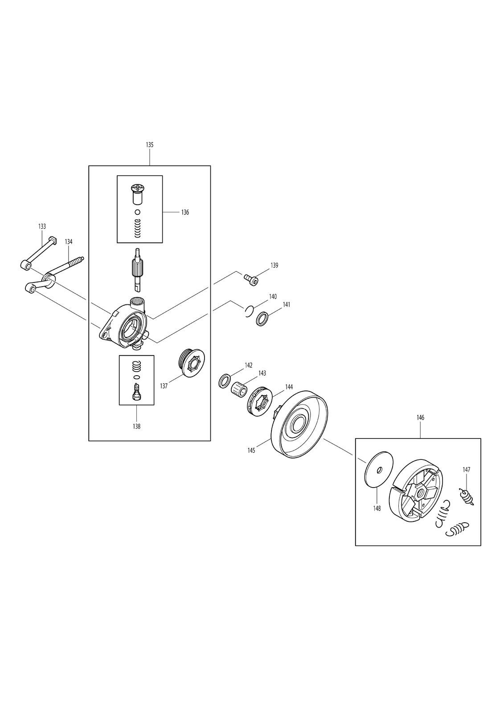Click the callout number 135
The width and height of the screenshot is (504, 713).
150,145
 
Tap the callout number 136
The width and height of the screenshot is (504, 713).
185,212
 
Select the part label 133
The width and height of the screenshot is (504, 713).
42,226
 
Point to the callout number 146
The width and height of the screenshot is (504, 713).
420,418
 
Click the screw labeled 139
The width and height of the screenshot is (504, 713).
251,280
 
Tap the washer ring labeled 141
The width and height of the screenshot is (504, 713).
262,319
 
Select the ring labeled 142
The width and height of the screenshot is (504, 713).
225,381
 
